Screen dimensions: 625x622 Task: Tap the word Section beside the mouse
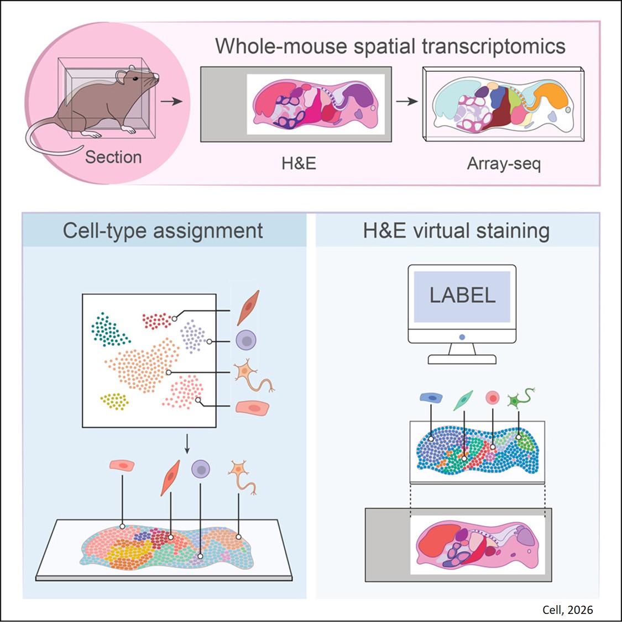click(x=113, y=157)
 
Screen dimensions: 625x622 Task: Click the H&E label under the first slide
click(x=299, y=164)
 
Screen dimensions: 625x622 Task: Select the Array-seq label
click(x=504, y=164)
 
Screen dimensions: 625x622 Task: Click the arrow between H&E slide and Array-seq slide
click(x=406, y=102)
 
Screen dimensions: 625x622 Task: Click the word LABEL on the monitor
click(x=462, y=295)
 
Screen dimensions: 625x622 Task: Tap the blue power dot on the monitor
click(x=462, y=337)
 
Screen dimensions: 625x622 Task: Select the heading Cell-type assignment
click(x=163, y=230)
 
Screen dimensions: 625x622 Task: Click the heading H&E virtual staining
click(x=456, y=230)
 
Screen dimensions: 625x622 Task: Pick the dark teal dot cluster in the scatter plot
click(x=109, y=330)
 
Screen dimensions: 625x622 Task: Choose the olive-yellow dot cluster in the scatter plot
click(x=114, y=402)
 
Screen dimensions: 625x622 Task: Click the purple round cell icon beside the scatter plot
click(x=245, y=340)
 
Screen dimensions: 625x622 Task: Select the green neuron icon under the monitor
click(x=520, y=399)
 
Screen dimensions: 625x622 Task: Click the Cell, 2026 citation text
click(x=567, y=610)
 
